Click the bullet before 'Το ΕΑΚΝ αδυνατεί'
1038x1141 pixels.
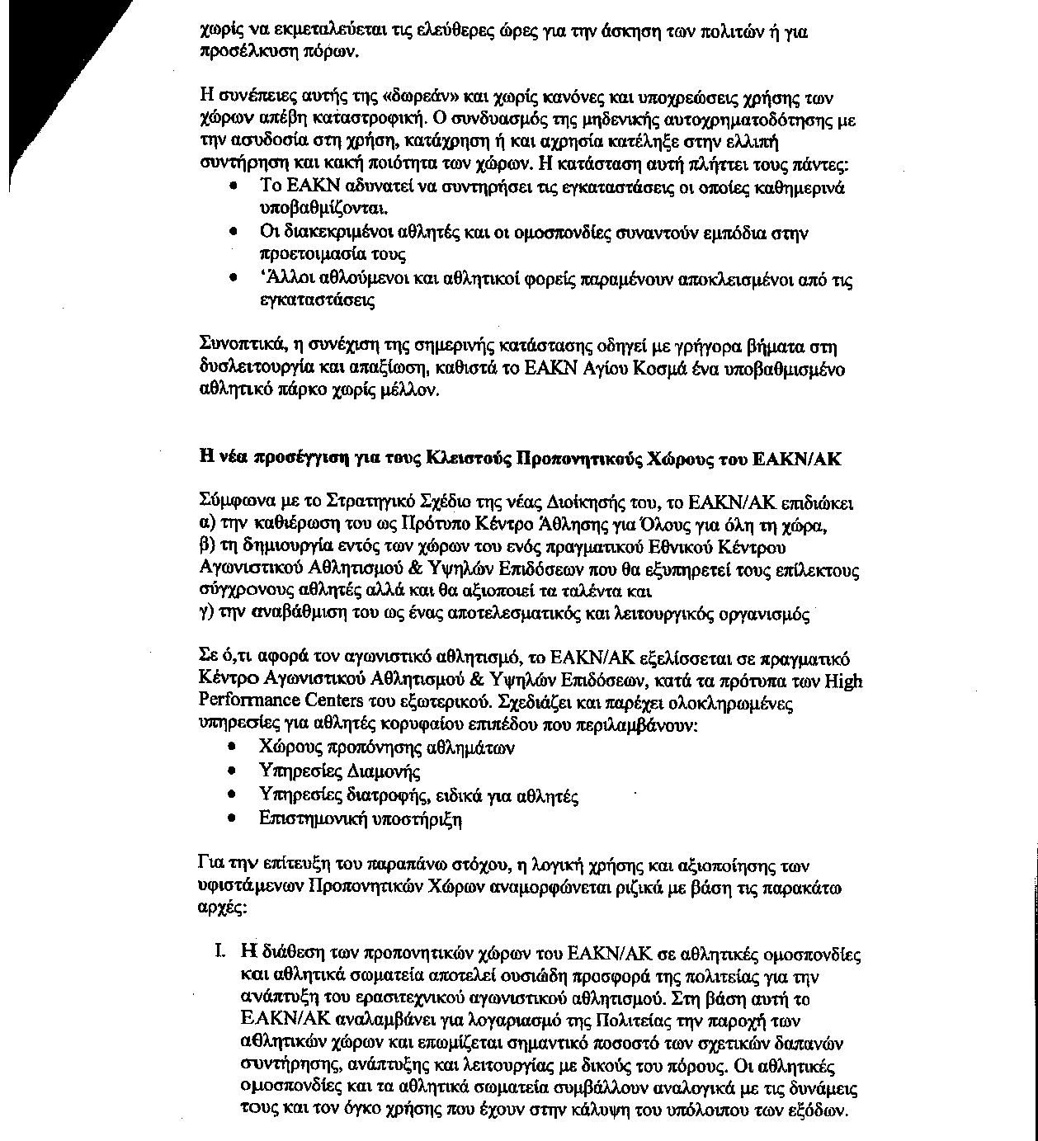(235, 186)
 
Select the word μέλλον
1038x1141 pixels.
(403, 392)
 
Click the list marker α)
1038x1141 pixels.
(207, 526)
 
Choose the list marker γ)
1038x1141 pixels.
(206, 615)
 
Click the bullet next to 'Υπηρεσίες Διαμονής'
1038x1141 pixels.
(235, 772)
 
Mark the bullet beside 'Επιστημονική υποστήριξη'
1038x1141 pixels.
(235, 819)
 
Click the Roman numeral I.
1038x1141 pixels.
(219, 955)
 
